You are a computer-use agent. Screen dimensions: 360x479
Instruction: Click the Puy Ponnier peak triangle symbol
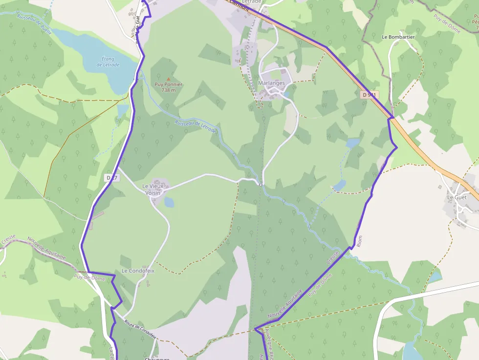tap(169, 79)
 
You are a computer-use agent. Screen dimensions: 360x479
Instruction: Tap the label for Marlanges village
tap(271, 83)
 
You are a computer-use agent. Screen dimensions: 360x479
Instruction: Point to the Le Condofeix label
tap(138, 271)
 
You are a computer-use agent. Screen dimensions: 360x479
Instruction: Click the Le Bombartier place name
tap(398, 37)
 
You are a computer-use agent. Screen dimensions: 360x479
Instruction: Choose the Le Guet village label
tap(457, 197)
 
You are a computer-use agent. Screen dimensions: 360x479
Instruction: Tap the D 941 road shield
tap(370, 94)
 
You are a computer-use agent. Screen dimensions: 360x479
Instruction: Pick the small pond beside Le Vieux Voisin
tap(169, 202)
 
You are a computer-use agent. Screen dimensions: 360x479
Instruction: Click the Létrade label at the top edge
tap(252, 2)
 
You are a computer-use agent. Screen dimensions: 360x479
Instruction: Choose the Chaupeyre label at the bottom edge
tap(156, 359)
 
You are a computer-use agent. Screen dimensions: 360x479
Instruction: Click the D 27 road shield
tap(112, 178)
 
